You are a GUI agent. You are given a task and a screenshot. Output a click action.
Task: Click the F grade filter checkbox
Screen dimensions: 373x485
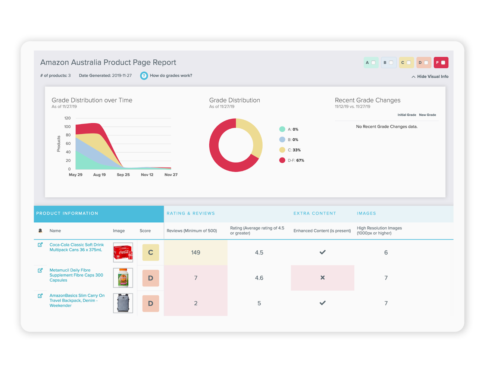pos(443,63)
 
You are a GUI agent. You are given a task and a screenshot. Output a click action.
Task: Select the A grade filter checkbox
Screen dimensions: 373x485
pos(373,63)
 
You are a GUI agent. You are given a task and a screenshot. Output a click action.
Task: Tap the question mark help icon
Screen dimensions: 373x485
pos(144,76)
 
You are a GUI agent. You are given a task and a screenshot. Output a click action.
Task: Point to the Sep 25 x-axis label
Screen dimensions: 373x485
pos(123,175)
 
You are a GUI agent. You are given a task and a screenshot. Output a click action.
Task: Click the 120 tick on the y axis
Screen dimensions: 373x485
pos(68,118)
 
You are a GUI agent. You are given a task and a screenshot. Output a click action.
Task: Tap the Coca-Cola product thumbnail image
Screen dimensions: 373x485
pos(123,253)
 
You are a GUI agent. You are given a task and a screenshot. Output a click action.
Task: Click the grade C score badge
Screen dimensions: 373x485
pos(151,253)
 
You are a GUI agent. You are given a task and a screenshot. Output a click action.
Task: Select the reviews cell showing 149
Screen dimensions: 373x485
pos(195,253)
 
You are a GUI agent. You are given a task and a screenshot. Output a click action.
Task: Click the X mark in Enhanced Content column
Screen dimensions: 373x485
pos(323,278)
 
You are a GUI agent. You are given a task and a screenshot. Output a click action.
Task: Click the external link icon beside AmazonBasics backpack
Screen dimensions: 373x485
pos(40,296)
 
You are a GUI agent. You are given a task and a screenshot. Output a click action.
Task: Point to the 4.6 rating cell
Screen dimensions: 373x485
pos(259,278)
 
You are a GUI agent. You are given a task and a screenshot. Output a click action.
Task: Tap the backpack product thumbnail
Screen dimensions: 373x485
pos(123,303)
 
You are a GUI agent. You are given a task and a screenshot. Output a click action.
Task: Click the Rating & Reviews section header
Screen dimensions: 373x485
pos(191,213)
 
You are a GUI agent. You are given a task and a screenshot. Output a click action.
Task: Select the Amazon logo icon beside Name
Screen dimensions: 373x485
pos(40,231)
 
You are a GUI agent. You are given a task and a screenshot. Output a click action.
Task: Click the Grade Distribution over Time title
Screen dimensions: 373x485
pos(92,100)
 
